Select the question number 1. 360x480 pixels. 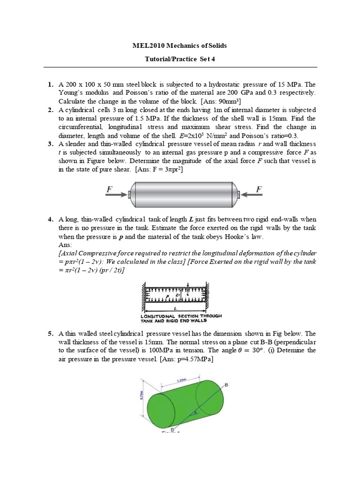tap(50, 84)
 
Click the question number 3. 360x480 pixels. tap(50, 143)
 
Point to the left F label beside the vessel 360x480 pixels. tap(109, 189)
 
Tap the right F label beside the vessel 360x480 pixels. tap(258, 189)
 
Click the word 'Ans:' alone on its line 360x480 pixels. tap(65, 245)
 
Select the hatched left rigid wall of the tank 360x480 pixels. tap(143, 295)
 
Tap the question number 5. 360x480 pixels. tap(50, 334)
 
